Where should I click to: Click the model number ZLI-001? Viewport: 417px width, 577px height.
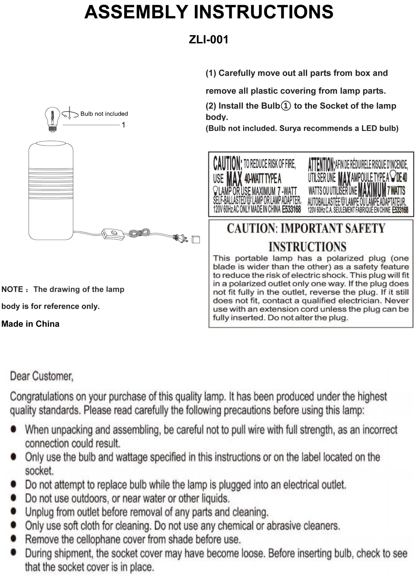click(x=208, y=40)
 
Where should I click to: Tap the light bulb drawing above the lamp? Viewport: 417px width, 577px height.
click(x=52, y=119)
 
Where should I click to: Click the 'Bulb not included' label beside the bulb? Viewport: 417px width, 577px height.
click(x=104, y=114)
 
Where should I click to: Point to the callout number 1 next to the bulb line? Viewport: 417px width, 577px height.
click(x=123, y=125)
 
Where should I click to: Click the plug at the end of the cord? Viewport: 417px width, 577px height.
click(x=180, y=238)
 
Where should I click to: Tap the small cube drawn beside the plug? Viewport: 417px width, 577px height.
click(x=196, y=239)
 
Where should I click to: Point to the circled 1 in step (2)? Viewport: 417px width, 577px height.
click(x=286, y=106)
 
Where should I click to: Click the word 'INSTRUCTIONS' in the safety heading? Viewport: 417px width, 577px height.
click(x=307, y=247)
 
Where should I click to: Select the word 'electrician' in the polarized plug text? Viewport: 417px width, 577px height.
click(x=363, y=301)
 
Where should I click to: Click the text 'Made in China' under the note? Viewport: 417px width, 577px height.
click(x=30, y=324)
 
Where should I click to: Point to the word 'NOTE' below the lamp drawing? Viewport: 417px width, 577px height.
click(x=12, y=289)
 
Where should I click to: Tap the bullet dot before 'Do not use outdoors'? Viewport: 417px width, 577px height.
click(x=14, y=497)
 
